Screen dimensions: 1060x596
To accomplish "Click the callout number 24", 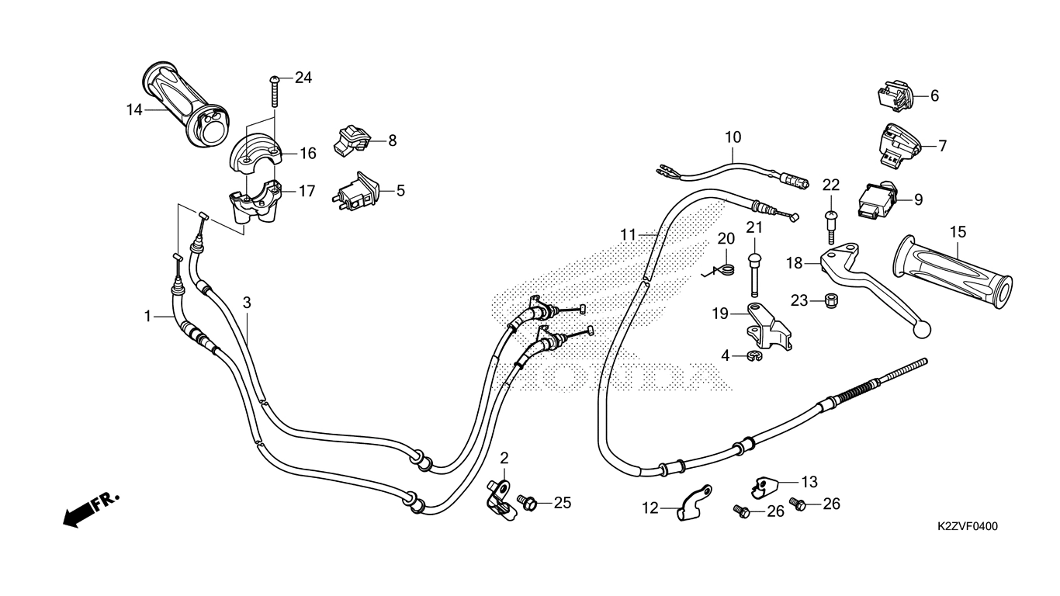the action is coord(303,78).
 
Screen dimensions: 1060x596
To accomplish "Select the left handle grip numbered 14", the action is coord(186,105).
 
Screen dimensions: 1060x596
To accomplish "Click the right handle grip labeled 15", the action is coord(952,272).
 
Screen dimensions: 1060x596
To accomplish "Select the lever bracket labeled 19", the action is coord(769,327).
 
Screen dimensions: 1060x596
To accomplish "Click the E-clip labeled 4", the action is coord(754,355).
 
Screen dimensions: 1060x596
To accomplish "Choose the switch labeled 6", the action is coord(895,96).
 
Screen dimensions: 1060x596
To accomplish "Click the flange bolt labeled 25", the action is coord(527,502).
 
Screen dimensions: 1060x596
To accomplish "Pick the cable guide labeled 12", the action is coord(694,504).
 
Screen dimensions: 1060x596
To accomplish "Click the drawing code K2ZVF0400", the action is coord(968,526).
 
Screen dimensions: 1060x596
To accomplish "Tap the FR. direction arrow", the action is coord(90,510).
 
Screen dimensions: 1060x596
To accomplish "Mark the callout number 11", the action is coord(628,234).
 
